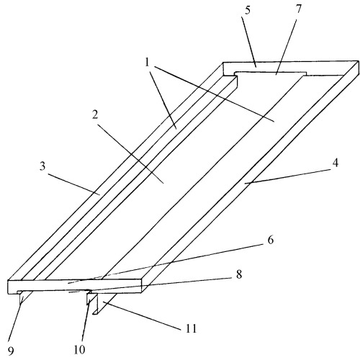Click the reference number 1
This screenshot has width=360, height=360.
click(x=148, y=63)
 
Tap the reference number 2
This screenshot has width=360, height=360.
click(x=95, y=115)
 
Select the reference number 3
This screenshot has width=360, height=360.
click(x=42, y=166)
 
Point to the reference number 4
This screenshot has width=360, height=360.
click(x=336, y=163)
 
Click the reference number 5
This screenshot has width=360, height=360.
click(x=248, y=10)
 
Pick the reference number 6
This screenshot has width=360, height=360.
click(x=270, y=240)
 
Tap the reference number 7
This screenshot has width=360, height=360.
click(x=298, y=9)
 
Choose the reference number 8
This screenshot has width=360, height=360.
click(x=238, y=274)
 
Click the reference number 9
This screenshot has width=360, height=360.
click(x=11, y=351)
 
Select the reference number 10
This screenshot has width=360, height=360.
click(x=79, y=350)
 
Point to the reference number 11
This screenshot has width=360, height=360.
click(x=192, y=328)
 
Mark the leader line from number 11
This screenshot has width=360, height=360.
click(x=142, y=316)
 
